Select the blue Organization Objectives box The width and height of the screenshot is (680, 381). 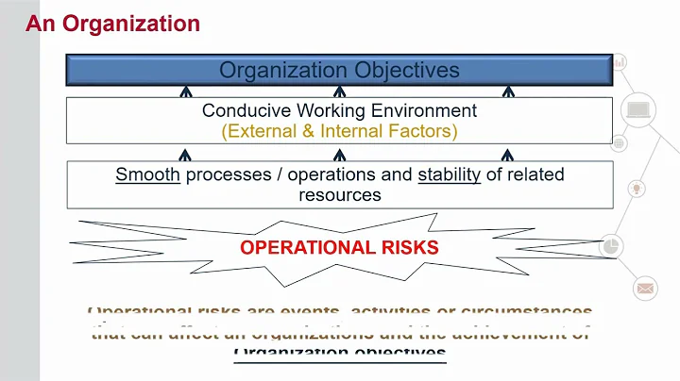click(339, 70)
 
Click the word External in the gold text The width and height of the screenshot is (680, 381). click(261, 131)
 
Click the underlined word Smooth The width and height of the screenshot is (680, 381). click(147, 174)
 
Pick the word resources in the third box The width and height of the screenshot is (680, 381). click(339, 194)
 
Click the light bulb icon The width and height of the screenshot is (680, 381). click(637, 189)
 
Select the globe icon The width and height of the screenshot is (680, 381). click(620, 143)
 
